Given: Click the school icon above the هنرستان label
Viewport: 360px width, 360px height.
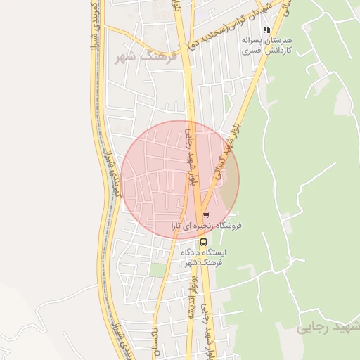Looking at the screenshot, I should (x=266, y=30).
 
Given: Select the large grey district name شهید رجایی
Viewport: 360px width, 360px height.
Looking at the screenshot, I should (x=328, y=327).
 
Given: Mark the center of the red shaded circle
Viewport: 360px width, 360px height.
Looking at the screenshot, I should (x=180, y=180).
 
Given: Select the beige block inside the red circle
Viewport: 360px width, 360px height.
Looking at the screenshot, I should (x=229, y=187).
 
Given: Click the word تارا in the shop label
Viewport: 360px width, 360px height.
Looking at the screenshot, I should (x=180, y=226).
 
